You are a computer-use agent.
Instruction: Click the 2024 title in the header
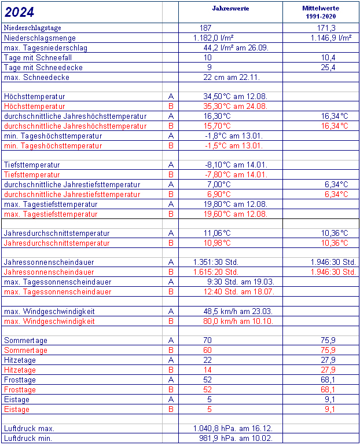click(x=19, y=12)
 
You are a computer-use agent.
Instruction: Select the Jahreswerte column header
click(x=230, y=9)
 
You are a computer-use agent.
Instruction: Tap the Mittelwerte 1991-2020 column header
click(x=321, y=12)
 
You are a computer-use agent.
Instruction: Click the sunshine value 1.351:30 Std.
click(x=216, y=262)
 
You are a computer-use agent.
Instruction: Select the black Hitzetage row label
click(x=20, y=360)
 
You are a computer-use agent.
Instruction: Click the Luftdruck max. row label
click(x=29, y=428)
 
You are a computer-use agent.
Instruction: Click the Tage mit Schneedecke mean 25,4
click(x=328, y=67)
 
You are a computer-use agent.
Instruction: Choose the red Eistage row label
click(x=17, y=409)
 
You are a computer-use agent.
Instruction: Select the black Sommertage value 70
click(x=208, y=340)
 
